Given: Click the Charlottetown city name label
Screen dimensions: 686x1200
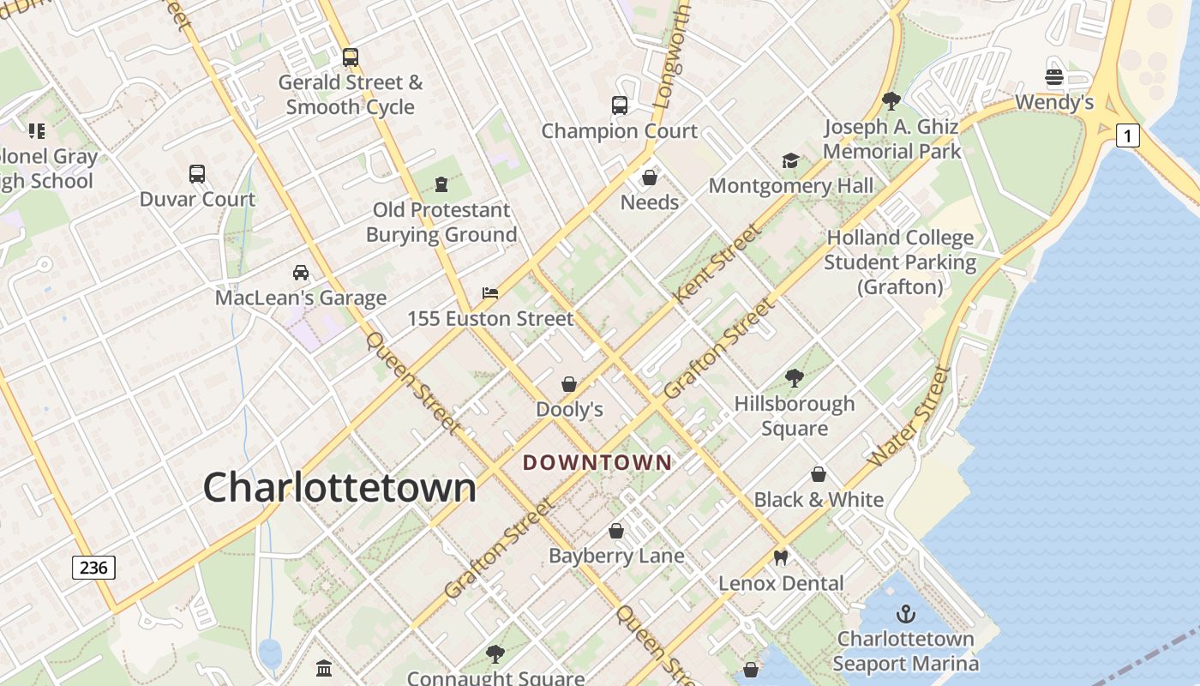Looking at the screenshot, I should tap(339, 487).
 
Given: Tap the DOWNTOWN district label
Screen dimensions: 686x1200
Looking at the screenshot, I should tap(597, 463).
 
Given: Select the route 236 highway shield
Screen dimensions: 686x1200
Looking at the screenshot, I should tap(93, 568).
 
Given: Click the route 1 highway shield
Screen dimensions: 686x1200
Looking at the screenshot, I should tap(1128, 135).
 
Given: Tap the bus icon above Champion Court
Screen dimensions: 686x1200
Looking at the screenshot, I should tap(620, 105).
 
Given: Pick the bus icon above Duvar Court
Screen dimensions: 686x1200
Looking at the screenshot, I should tap(197, 174).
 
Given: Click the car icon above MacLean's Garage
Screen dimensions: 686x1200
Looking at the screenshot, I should tap(301, 273).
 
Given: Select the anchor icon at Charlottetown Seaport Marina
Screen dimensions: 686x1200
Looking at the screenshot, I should tap(905, 614).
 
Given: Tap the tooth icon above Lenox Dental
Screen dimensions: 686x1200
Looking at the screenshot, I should tap(780, 557).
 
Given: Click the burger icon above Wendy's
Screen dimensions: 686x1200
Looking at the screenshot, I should tap(1054, 76).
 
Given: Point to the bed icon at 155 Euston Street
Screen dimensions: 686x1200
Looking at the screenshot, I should tap(490, 293).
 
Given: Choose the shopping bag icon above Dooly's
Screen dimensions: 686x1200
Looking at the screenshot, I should tap(569, 384).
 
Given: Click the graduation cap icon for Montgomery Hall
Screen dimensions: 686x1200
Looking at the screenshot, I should tap(790, 160).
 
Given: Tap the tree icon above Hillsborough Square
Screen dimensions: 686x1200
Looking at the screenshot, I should tap(795, 378).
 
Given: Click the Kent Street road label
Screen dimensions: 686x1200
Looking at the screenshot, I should tap(717, 263).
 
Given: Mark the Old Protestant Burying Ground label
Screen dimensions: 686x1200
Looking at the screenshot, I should tap(441, 222).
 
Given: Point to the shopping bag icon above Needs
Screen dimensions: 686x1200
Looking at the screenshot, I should tap(650, 178).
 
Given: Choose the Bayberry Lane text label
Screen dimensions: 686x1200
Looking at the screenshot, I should tap(616, 556).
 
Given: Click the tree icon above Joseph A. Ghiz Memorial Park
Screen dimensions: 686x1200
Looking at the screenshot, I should tap(891, 101).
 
